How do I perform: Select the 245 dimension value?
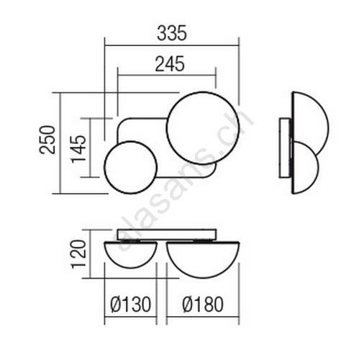pyautogui.click(x=170, y=64)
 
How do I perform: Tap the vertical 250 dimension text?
pyautogui.click(x=47, y=140)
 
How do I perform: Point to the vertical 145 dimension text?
pyautogui.click(x=78, y=149)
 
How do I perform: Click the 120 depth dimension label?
pyautogui.click(x=78, y=254)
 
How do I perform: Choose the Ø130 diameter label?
pyautogui.click(x=130, y=305)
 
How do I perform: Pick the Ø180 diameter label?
pyautogui.click(x=203, y=305)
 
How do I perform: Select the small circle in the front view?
pyautogui.click(x=104, y=167)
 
